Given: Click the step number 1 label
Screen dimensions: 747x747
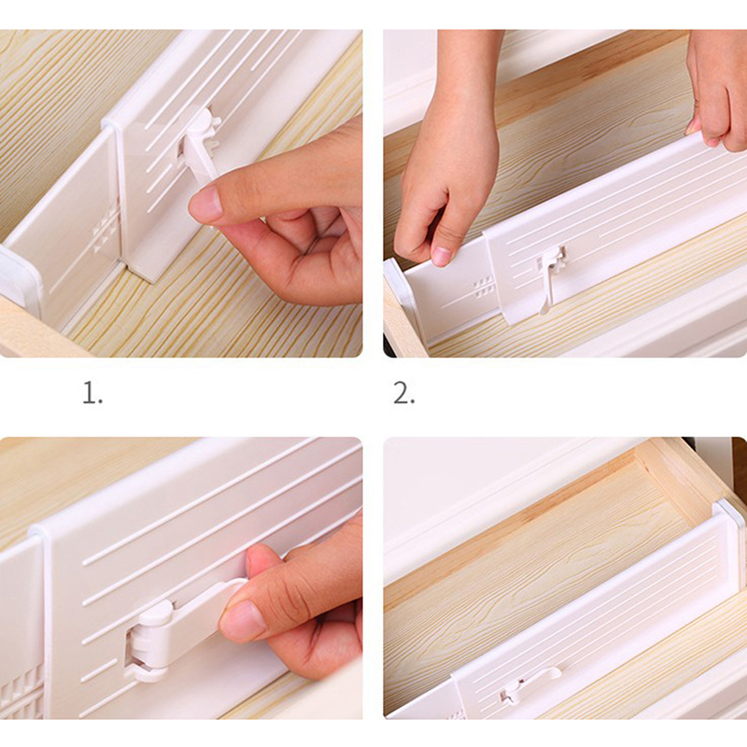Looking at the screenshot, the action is point(92,394).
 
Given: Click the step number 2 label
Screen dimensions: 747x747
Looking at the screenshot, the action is point(403,394).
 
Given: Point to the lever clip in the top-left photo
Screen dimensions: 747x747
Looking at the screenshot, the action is point(199,148).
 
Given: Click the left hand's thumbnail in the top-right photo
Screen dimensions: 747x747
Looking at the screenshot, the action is point(440,255).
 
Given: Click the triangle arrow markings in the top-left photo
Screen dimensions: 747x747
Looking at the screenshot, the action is point(106,228).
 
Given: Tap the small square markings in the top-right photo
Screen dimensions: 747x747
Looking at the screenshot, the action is point(483,289).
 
